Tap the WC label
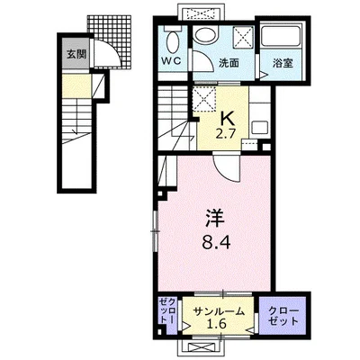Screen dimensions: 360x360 pos(171,61)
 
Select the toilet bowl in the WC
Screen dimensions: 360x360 pos(173,42)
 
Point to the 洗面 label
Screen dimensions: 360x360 pos(229,63)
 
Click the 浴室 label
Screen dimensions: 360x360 pos(283,63)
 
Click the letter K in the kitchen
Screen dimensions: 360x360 pos(228,120)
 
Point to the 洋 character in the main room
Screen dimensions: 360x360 pos(215,219)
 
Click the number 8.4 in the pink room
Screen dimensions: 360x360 pos(216,242)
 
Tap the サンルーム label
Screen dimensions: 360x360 pos(219,312)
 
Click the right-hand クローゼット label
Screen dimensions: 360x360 pos(283,316)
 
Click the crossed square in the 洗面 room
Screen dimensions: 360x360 pos(243,37)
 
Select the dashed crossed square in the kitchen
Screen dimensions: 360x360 pos(203,98)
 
